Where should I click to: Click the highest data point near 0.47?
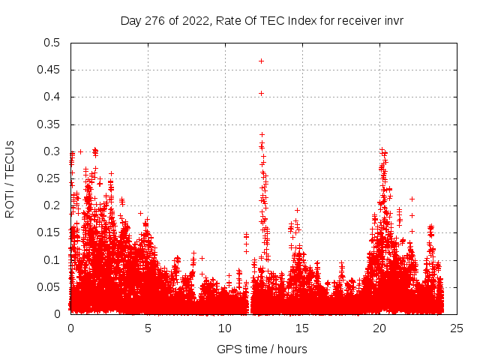coord(261,61)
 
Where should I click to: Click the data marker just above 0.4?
coord(261,93)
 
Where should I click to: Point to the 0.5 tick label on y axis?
coord(52,43)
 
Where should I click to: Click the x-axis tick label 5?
coord(148,328)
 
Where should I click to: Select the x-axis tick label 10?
coord(225,328)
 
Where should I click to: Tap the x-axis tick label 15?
coord(302,328)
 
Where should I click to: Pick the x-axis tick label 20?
coord(379,328)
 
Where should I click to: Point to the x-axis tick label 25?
coord(457,328)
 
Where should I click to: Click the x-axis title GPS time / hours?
coord(262,349)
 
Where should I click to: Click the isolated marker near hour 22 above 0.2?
coord(412,199)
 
